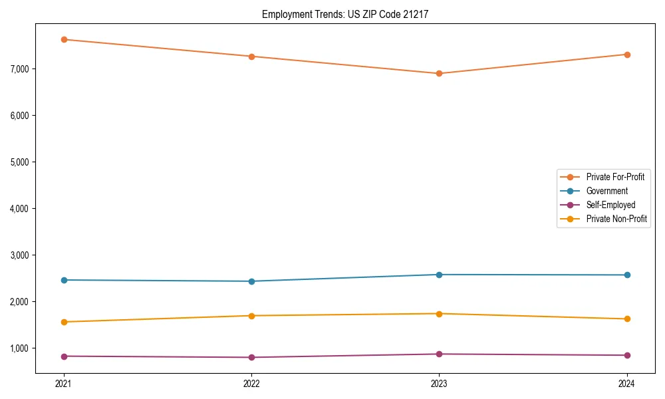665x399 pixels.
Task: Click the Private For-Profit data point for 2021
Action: pos(64,39)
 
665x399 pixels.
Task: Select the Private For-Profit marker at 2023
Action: pos(439,73)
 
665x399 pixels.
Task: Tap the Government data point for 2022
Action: pos(251,281)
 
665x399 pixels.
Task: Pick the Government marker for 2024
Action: pos(627,275)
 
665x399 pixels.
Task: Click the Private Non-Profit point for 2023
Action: pos(439,313)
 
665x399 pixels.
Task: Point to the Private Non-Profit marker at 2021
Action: pos(64,322)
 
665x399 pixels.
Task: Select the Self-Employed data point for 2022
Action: pos(251,357)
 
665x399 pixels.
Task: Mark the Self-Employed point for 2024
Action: pos(627,355)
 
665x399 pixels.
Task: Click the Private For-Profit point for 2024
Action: pos(627,55)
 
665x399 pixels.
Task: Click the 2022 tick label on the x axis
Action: pos(251,383)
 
